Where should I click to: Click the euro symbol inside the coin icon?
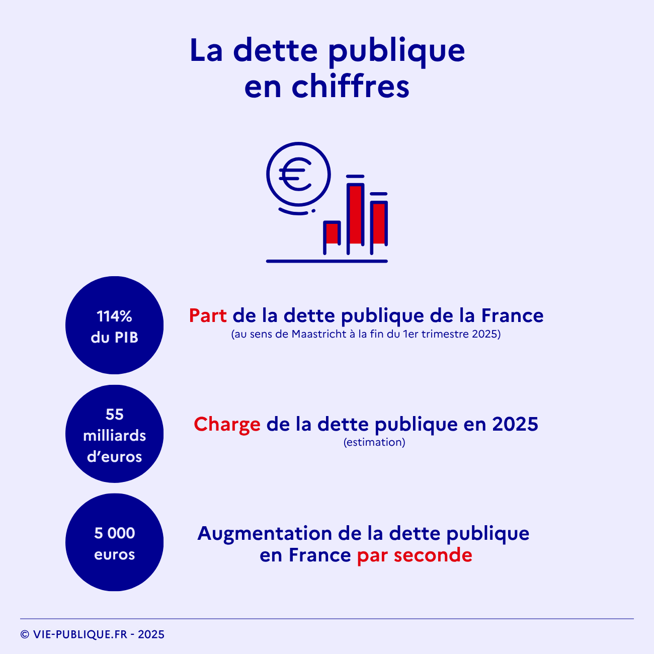click(296, 174)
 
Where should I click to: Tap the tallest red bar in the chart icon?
click(356, 214)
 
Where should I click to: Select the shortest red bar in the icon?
click(332, 233)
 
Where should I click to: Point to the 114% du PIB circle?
click(115, 325)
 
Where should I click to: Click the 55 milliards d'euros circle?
click(115, 434)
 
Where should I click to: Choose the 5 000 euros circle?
click(115, 542)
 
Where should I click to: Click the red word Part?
click(208, 316)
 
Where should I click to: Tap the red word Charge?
click(227, 425)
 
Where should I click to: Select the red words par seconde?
click(415, 555)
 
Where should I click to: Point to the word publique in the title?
click(396, 51)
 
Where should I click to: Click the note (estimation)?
click(374, 442)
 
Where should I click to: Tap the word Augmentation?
click(265, 533)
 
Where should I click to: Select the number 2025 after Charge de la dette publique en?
click(515, 425)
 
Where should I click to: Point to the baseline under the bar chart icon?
click(327, 261)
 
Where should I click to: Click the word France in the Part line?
click(512, 316)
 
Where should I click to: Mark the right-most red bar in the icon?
click(379, 223)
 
